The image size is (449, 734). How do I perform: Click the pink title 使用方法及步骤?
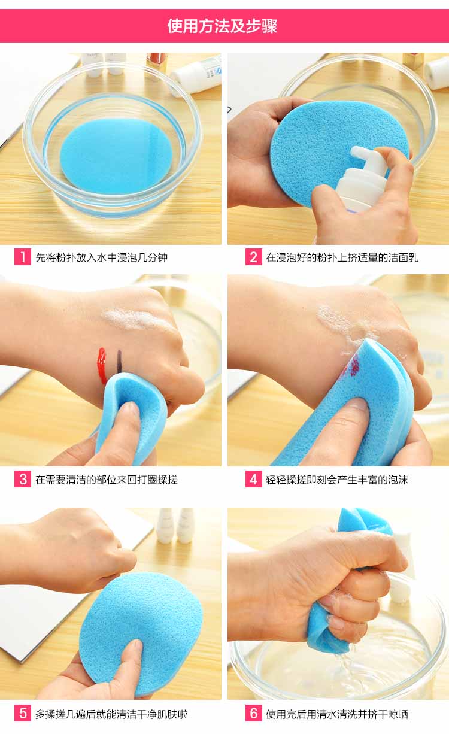coord(222,26)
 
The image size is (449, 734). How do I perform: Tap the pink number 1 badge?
coord(23,257)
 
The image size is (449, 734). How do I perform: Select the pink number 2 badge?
coord(254,257)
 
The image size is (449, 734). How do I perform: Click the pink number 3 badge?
coord(23,479)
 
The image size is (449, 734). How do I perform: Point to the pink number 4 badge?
coord(254,479)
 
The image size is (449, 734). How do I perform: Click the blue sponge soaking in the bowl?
coord(116,156)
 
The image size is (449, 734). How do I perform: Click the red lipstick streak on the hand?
coord(102,365)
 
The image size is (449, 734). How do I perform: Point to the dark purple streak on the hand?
coord(119,361)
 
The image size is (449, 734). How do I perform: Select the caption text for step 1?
coord(102,257)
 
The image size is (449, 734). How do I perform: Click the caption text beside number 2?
coord(342,257)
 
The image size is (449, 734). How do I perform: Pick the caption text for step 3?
coord(107,480)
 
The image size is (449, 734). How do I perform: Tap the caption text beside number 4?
coord(337,480)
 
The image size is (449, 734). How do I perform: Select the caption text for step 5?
coord(111,714)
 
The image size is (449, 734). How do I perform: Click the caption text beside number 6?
coord(337,714)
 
